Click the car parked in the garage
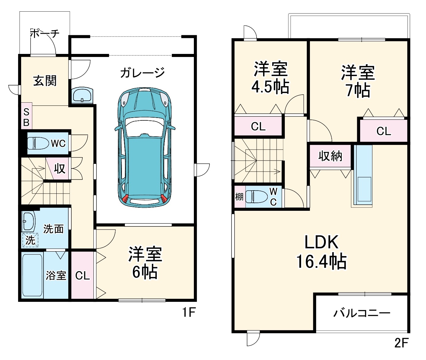coord(145,147)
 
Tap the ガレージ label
coord(142,73)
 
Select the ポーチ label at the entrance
coord(45,33)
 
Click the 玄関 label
coord(45,81)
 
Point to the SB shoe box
coord(26,118)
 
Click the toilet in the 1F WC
coord(38,143)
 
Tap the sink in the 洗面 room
coord(28,221)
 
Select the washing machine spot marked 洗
coord(30,240)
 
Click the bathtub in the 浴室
coord(32,275)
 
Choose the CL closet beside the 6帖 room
coord(83,275)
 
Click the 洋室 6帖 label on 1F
coord(145,263)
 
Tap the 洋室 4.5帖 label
coord(270,78)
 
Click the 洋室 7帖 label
coord(358,81)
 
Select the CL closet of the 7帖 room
coord(383,131)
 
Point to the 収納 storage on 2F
coord(330,156)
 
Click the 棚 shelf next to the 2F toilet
coord(239,196)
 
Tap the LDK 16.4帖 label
coord(321,252)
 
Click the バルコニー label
coord(362,313)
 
